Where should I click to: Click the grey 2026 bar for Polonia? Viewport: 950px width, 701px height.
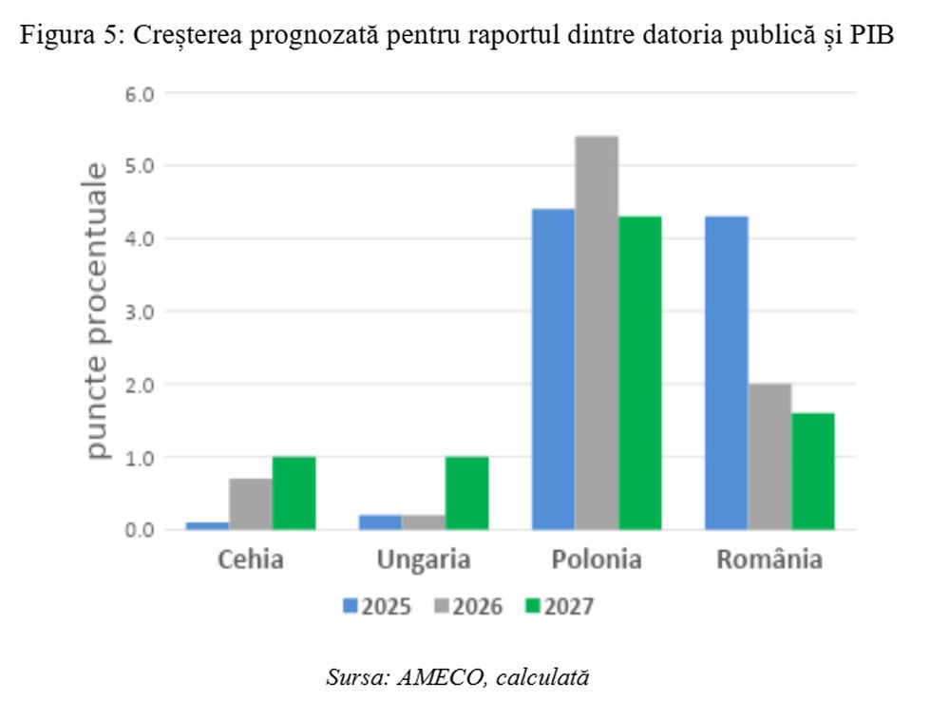click(x=597, y=332)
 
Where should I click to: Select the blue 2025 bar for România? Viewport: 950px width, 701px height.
click(x=726, y=372)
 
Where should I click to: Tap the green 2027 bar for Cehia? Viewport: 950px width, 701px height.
click(x=294, y=493)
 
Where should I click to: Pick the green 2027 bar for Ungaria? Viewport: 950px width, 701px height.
click(x=466, y=493)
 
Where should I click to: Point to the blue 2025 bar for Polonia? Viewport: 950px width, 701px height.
click(x=553, y=369)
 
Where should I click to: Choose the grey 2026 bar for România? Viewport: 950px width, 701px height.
click(x=769, y=456)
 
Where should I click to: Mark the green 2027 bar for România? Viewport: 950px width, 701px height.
click(x=812, y=471)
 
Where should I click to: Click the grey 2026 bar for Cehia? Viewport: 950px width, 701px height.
click(x=251, y=503)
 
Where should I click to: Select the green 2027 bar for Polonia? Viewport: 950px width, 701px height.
click(x=639, y=372)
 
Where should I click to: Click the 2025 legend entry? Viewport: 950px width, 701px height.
click(x=377, y=606)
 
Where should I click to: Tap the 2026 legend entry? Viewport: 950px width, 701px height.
click(x=468, y=606)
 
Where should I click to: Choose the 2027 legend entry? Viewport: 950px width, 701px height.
click(x=560, y=606)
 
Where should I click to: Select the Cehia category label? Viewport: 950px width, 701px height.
click(x=251, y=559)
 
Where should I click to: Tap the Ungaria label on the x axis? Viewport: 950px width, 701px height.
click(x=424, y=559)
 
